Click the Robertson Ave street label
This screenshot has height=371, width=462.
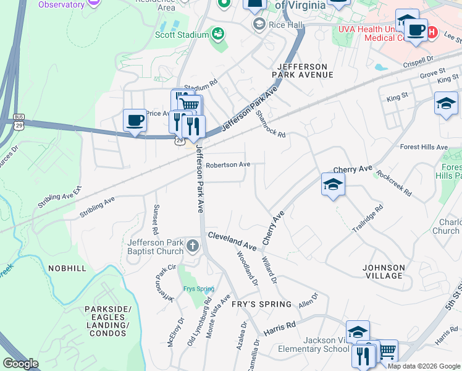tap(228, 164)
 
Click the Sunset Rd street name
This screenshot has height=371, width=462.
tap(157, 219)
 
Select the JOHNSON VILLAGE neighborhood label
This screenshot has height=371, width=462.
tap(384, 271)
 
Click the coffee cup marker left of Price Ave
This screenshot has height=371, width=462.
tap(134, 120)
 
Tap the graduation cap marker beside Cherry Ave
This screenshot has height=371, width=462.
tap(333, 184)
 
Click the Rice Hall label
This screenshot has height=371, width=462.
tap(286, 24)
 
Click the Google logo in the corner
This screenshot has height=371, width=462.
tap(20, 364)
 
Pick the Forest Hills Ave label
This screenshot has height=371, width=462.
tap(423, 147)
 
